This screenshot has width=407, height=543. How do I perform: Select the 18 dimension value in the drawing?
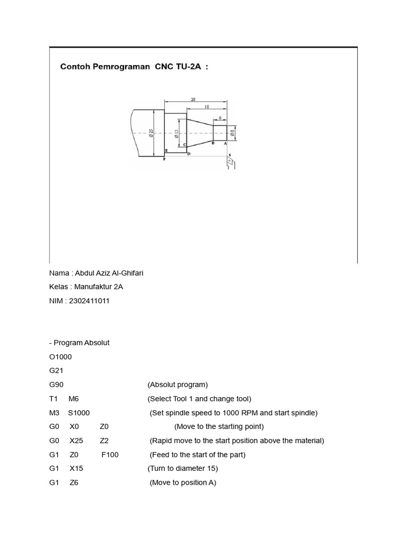click(206, 107)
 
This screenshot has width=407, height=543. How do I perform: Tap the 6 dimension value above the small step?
click(219, 118)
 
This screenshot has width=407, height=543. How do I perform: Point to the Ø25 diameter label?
click(151, 133)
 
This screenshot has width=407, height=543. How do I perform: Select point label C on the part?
click(184, 145)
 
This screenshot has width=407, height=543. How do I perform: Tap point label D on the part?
click(189, 154)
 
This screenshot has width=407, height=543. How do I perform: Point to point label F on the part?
click(164, 159)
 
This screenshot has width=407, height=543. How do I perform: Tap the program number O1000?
click(60, 357)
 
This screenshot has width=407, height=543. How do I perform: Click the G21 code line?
click(56, 371)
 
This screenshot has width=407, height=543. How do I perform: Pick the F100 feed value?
click(110, 454)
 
